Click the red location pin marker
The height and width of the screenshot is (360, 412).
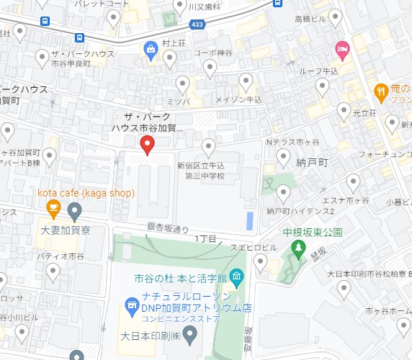coord(147,144)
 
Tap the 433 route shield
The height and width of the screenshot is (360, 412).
coord(197,24)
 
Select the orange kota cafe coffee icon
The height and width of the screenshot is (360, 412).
coord(53,210)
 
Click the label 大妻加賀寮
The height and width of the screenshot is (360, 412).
coord(65,231)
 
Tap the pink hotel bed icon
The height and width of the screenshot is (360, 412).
coord(342,50)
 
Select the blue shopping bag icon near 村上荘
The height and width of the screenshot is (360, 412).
coord(150,50)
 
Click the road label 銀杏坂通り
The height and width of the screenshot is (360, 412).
coord(167,227)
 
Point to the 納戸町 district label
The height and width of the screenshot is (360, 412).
coord(312,163)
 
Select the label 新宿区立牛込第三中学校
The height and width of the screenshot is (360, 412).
coord(202,171)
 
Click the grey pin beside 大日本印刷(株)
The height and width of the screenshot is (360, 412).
coord(190,333)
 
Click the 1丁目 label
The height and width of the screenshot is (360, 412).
coord(205,238)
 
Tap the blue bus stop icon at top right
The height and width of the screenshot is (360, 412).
coord(278,3)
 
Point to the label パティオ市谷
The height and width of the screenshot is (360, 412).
coord(61,256)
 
